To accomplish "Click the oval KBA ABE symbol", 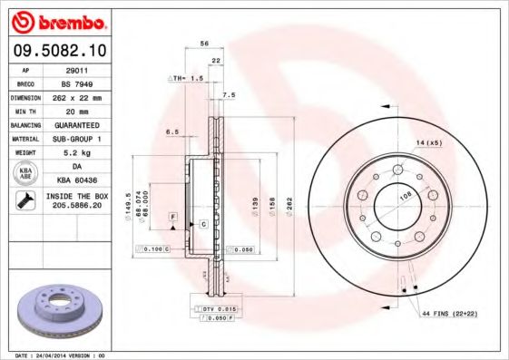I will pos(25,173).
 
